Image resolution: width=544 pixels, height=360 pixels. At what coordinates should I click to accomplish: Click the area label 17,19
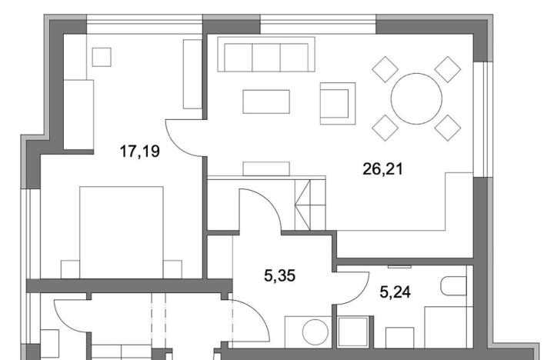pyautogui.click(x=139, y=152)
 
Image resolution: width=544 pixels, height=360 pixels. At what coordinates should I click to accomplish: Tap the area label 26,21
pyautogui.click(x=382, y=168)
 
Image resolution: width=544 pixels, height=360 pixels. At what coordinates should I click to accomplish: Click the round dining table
pyautogui.click(x=416, y=98)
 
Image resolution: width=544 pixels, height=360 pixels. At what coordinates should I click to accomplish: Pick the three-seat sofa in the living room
pyautogui.click(x=262, y=55)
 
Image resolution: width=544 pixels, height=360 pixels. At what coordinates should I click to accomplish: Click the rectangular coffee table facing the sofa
pyautogui.click(x=266, y=102)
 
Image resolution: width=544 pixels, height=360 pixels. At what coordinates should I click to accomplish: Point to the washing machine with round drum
pyautogui.click(x=314, y=333)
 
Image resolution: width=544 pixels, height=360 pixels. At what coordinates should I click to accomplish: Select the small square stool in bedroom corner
pyautogui.click(x=101, y=56)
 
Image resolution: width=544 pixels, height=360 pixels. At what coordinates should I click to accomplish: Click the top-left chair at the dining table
pyautogui.click(x=385, y=69)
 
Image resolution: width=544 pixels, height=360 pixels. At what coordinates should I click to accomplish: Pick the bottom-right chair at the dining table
pyautogui.click(x=447, y=127)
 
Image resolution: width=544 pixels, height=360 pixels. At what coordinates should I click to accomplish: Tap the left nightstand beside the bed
pyautogui.click(x=71, y=269)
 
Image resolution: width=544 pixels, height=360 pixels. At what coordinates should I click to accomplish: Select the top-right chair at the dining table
pyautogui.click(x=447, y=69)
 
